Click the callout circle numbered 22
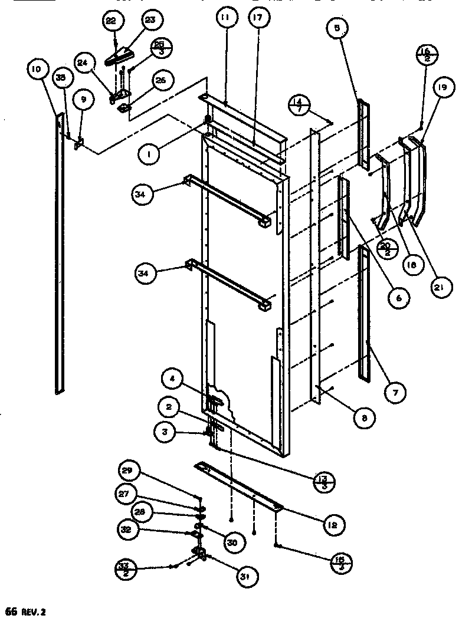[111, 21]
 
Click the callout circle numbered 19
[443, 88]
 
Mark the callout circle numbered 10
[37, 70]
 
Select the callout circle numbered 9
[83, 100]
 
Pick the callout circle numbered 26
[159, 81]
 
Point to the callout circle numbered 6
[398, 298]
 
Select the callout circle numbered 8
[365, 419]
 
